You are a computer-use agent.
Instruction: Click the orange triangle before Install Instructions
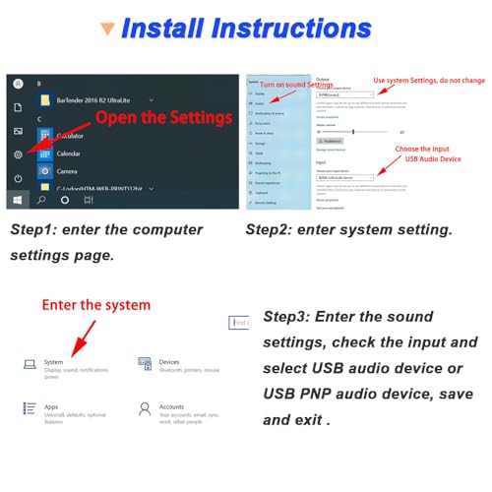105,29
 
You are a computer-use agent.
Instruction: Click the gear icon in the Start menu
18,154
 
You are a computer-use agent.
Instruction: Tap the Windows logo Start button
18,199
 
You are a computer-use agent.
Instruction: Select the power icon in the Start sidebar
18,178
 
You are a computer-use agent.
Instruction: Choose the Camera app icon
45,170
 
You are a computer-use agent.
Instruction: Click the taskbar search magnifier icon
41,199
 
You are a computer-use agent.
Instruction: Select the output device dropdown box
343,94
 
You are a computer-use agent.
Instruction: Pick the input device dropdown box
343,177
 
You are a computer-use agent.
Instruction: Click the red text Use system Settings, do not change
428,81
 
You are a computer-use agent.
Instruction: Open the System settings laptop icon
31,364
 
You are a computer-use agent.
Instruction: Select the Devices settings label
169,361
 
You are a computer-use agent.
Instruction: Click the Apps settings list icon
31,406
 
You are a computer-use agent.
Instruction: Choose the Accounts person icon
144,406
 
